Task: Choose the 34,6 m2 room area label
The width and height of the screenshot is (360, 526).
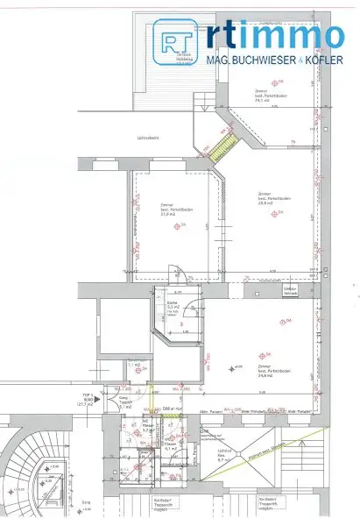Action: [x=267, y=373]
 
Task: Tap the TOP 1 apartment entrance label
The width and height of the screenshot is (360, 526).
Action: [x=87, y=400]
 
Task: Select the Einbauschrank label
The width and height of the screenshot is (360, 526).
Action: [x=291, y=291]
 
